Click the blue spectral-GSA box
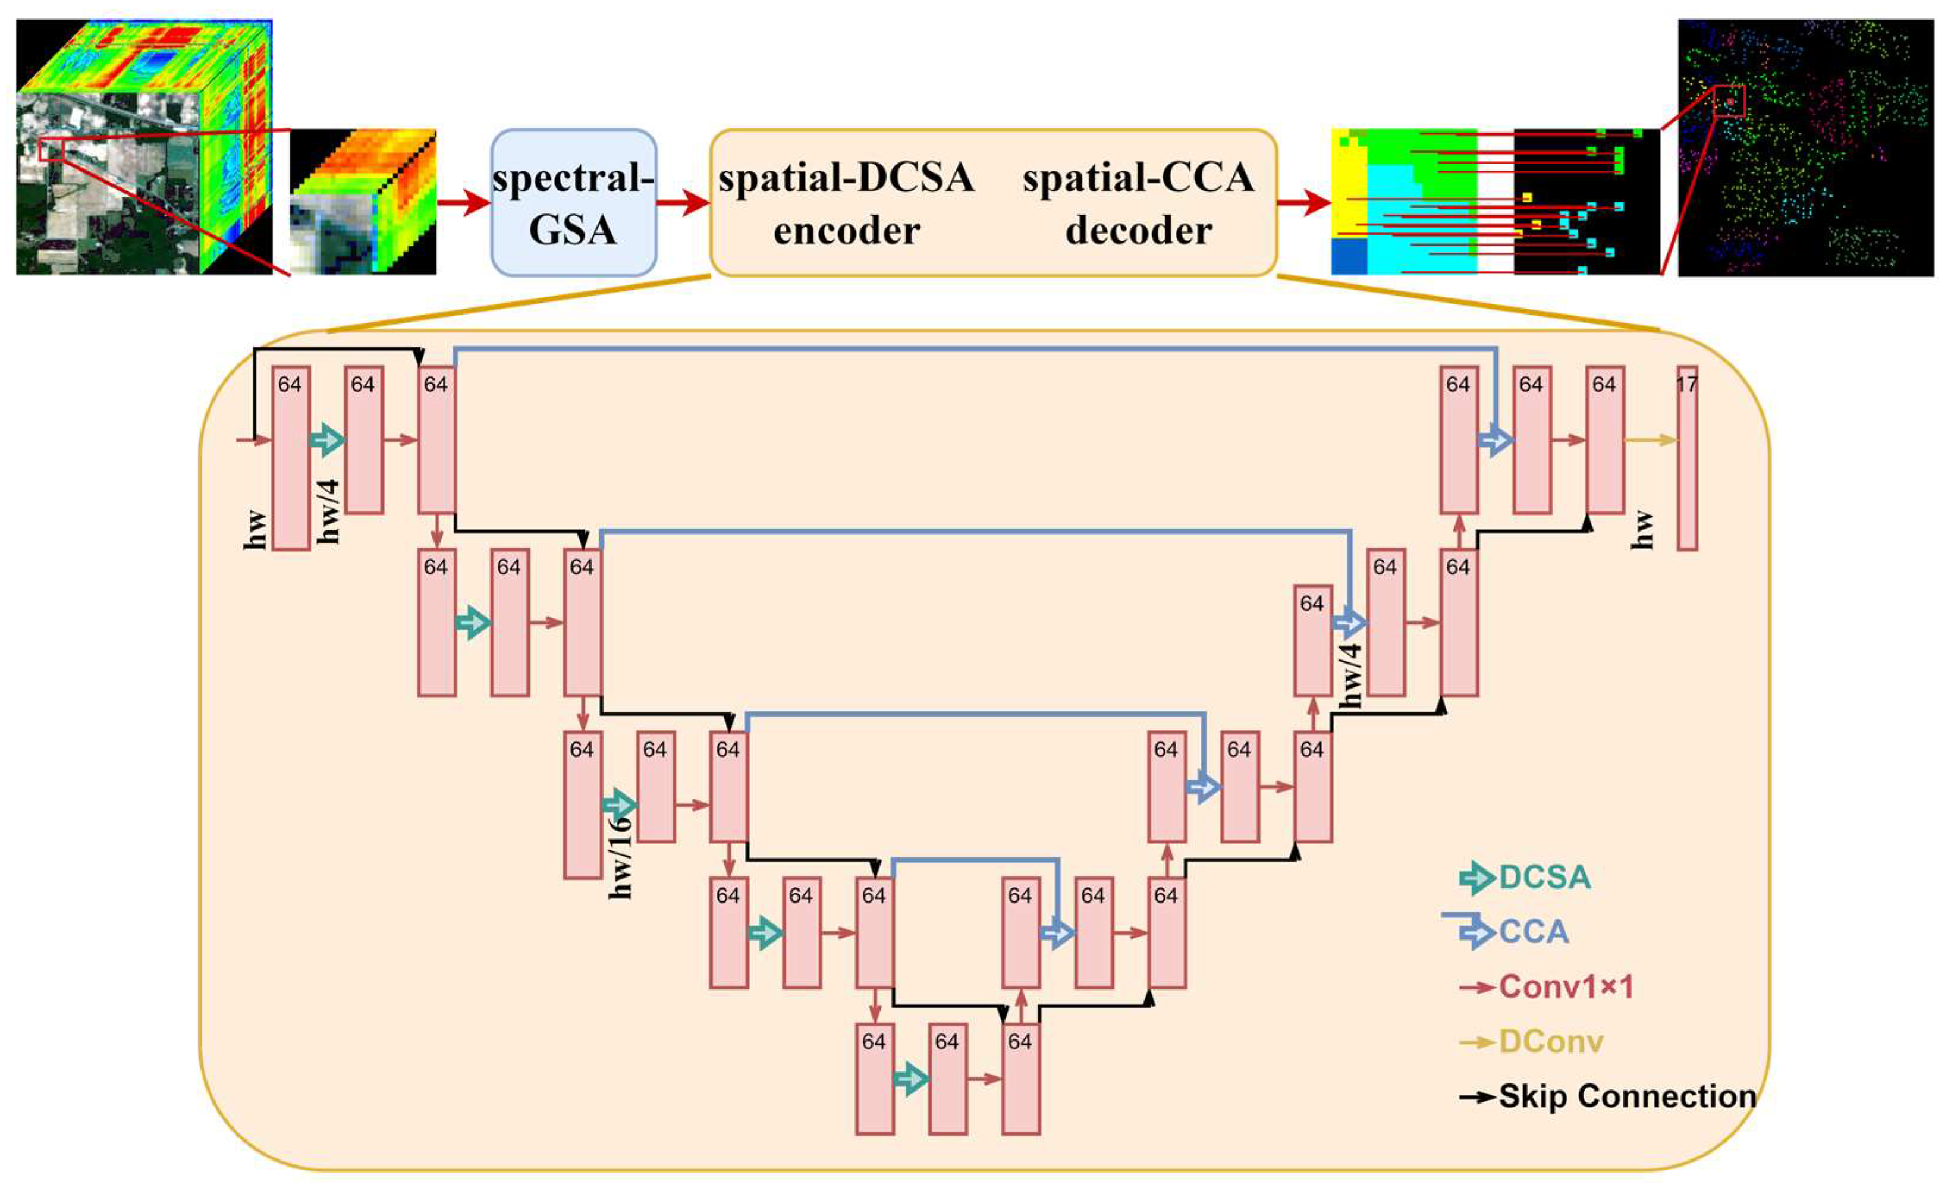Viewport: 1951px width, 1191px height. pyautogui.click(x=573, y=203)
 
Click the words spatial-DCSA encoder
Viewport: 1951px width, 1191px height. pyautogui.click(x=846, y=203)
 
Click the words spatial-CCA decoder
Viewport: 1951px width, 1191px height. pyautogui.click(x=1138, y=203)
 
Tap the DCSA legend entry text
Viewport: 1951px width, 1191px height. pyautogui.click(x=1544, y=878)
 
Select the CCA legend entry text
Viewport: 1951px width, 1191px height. pyautogui.click(x=1534, y=932)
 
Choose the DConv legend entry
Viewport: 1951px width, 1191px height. pyautogui.click(x=1550, y=1042)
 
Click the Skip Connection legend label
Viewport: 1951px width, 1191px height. pyautogui.click(x=1627, y=1097)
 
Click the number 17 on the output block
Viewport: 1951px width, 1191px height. pyautogui.click(x=1686, y=385)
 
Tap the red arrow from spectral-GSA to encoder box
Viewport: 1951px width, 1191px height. pyautogui.click(x=683, y=203)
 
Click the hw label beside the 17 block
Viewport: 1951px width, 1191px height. pyautogui.click(x=1644, y=529)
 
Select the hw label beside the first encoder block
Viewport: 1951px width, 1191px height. pyautogui.click(x=256, y=530)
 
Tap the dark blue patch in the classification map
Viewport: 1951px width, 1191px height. pyautogui.click(x=1349, y=257)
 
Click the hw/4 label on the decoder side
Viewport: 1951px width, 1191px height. pyautogui.click(x=1352, y=675)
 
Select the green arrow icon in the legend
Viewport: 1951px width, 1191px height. pyautogui.click(x=1476, y=878)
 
